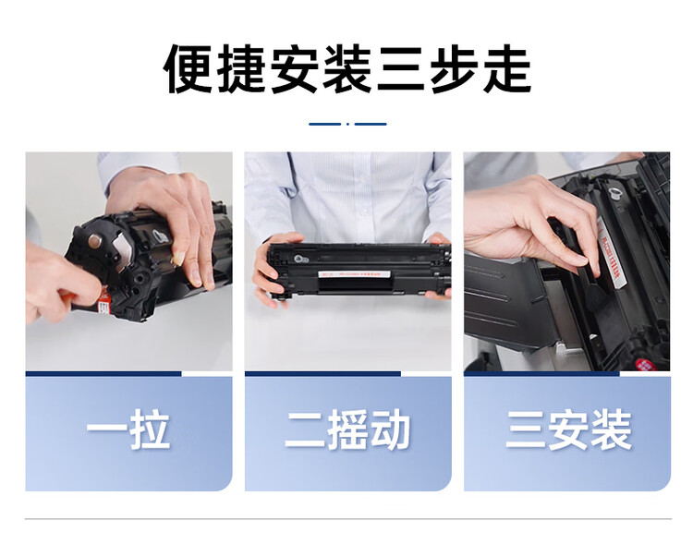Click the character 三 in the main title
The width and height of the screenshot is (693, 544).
point(400,68)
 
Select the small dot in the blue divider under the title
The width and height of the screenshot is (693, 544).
point(347,123)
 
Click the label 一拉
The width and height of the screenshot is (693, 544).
point(128,431)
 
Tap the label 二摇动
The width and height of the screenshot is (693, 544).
point(347,431)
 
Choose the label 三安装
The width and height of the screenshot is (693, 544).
point(567,431)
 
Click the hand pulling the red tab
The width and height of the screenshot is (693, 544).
point(55,286)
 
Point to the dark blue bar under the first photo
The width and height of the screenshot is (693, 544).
point(103,373)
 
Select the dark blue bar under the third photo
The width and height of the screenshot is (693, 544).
point(541,373)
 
